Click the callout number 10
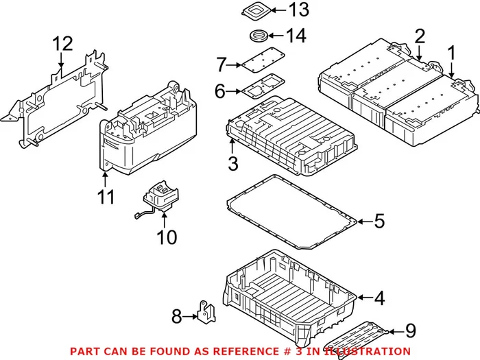tap(167, 237)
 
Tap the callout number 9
tap(410, 331)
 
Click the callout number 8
tap(176, 316)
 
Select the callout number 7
tap(220, 66)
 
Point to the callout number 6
tap(220, 91)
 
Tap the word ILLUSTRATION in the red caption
tap(370, 351)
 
